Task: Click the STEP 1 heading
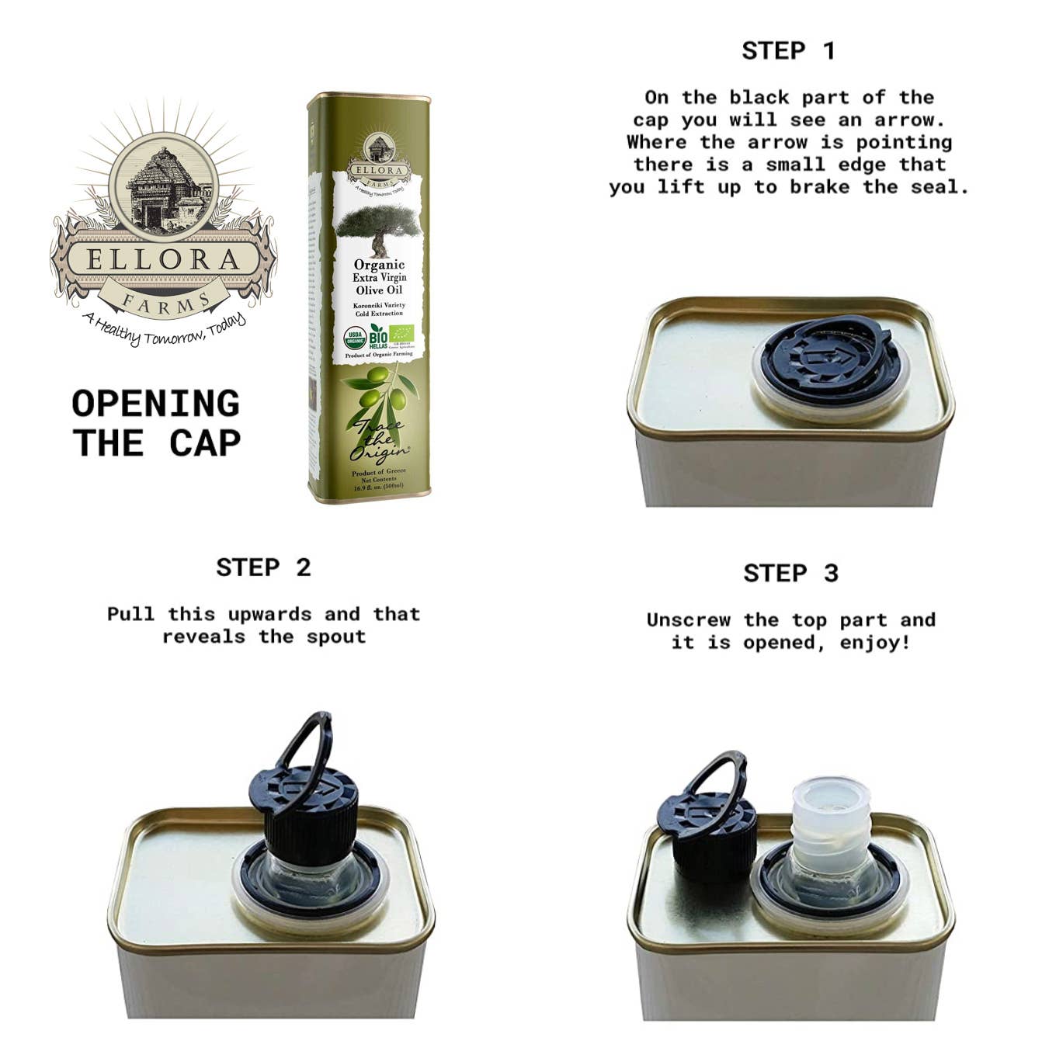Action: (x=788, y=51)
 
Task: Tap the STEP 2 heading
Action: (x=263, y=567)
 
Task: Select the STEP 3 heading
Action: (x=790, y=574)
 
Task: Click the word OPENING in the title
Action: (x=155, y=404)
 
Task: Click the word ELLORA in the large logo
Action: (x=163, y=259)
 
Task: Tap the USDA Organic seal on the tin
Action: (x=354, y=338)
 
